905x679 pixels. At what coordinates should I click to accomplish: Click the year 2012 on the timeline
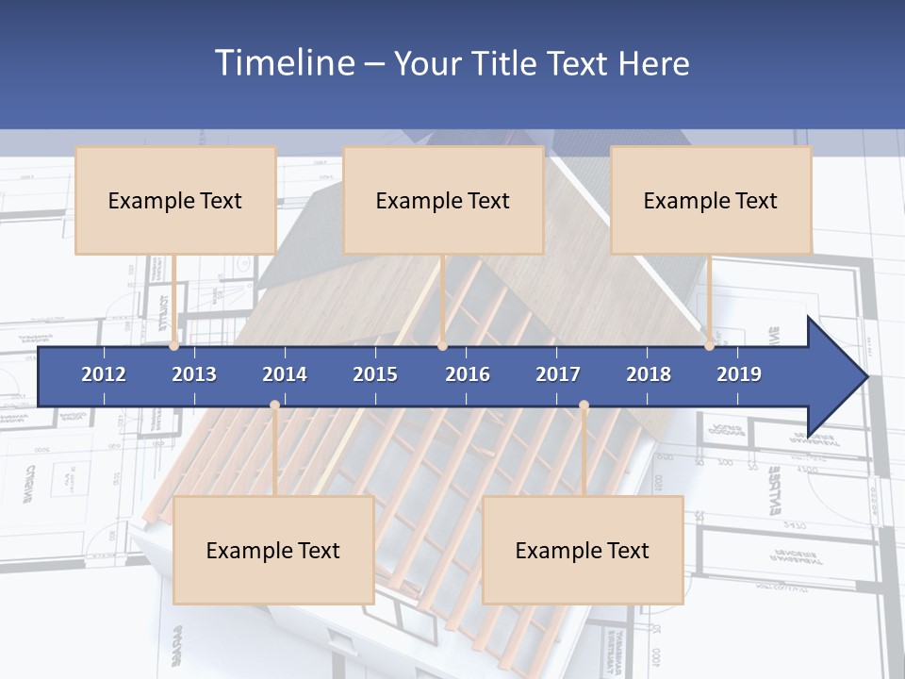coord(104,374)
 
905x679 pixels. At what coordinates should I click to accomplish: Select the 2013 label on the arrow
coord(194,374)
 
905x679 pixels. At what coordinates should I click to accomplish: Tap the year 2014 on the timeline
coord(285,374)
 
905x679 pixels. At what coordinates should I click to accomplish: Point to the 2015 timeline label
coord(375,374)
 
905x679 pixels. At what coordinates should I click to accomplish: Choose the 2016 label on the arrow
coord(468,374)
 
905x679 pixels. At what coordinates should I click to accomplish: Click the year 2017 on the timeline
coord(558,374)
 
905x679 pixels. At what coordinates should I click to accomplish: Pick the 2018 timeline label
coord(649,374)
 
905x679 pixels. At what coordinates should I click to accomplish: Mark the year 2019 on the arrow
coord(739,374)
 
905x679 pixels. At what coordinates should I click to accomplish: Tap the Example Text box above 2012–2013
coord(175,200)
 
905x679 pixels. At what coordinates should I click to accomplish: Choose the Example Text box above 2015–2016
coord(443,200)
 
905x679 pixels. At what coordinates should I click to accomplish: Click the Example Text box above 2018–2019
coord(711,200)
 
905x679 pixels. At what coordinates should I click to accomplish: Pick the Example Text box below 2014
coord(273,550)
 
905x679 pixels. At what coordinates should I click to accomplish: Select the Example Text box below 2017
coord(583,550)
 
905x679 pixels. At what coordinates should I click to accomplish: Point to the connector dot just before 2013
coord(174,346)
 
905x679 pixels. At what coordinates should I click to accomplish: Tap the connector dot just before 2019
coord(710,346)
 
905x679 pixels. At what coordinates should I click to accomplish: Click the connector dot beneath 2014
coord(274,406)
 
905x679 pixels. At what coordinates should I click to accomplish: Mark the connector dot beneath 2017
coord(584,406)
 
